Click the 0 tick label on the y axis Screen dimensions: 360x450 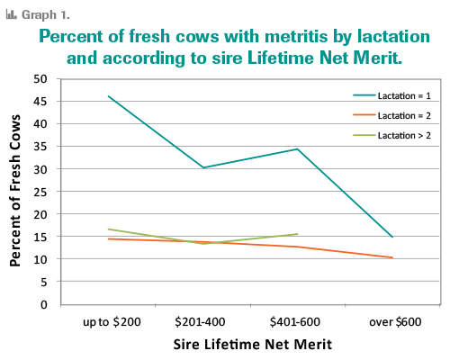tap(43, 304)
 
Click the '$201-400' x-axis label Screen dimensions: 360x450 tap(202, 321)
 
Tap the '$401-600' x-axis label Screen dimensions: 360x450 tap(297, 321)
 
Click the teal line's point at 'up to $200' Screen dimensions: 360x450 tap(108, 96)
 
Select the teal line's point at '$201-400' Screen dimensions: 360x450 tap(202, 167)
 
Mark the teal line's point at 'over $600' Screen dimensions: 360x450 tap(391, 237)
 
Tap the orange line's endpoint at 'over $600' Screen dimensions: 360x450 tap(391, 257)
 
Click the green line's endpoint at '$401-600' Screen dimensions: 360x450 tap(297, 234)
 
